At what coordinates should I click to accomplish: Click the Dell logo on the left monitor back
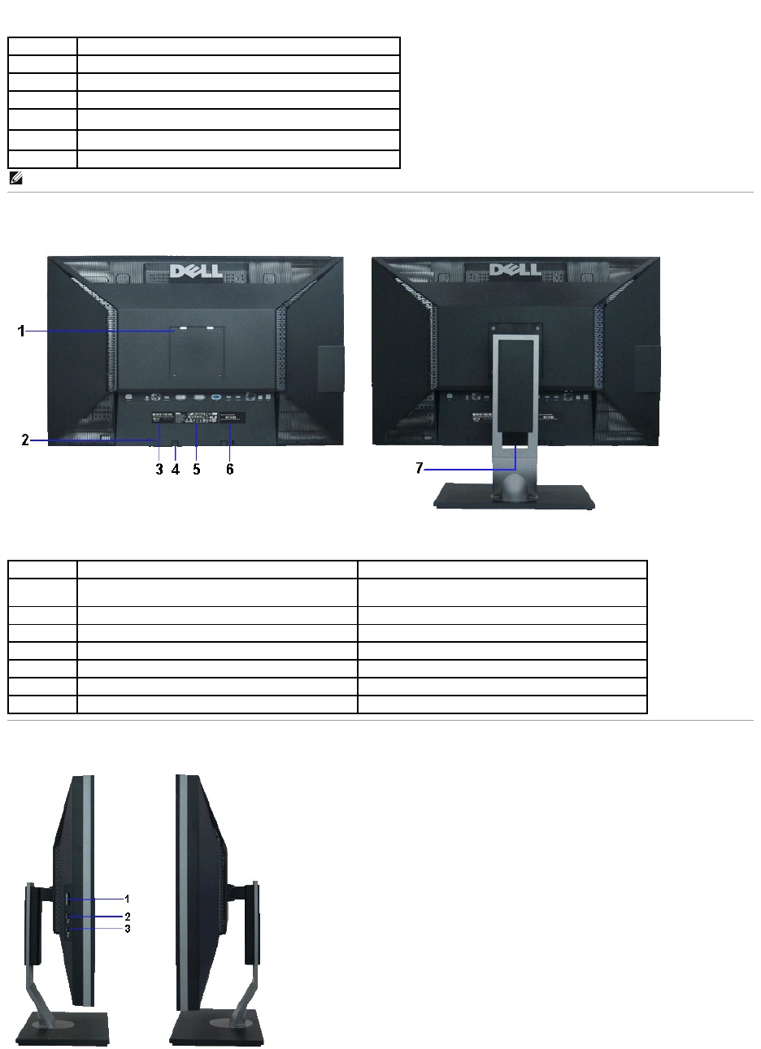coord(195,270)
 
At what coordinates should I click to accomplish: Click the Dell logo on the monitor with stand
coord(515,270)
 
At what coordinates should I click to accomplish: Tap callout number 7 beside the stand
coord(421,469)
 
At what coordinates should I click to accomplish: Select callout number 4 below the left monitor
coord(176,470)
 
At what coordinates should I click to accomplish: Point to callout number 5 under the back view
coord(197,470)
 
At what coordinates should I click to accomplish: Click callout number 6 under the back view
coord(230,470)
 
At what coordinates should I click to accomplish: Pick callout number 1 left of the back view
coord(24,331)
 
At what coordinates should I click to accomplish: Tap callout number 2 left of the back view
coord(26,440)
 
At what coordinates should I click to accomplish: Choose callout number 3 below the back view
coord(159,470)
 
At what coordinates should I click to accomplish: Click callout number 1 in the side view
coord(127,899)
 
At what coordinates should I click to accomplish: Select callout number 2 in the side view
coord(127,916)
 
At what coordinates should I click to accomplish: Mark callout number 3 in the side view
coord(127,928)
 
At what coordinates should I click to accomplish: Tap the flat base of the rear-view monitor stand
coord(515,496)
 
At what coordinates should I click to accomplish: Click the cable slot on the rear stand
coord(515,437)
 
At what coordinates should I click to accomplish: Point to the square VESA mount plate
coord(195,353)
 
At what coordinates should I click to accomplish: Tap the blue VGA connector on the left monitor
coord(217,398)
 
